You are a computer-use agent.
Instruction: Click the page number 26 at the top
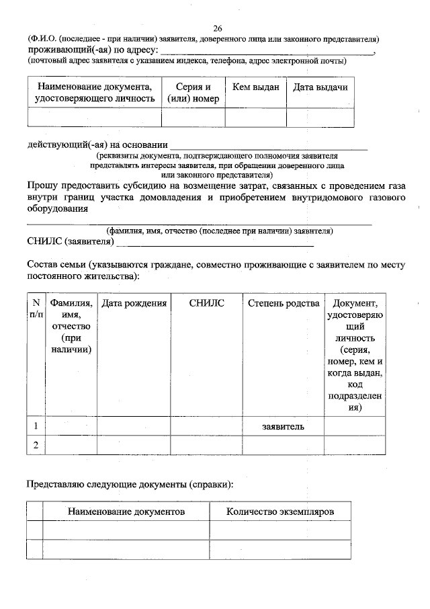217,28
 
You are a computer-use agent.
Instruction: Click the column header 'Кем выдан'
255,87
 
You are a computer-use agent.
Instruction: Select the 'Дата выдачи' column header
320,87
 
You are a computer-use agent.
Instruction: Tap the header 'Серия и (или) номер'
193,93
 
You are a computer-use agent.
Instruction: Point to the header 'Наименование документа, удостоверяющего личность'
95,93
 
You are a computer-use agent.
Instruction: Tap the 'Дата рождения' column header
134,304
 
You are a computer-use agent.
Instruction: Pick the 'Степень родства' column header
283,304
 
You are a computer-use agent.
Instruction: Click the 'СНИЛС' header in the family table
206,304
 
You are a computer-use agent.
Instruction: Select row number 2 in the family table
36,445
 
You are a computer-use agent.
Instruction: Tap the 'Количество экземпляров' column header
279,512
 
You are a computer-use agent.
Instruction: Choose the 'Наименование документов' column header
126,512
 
